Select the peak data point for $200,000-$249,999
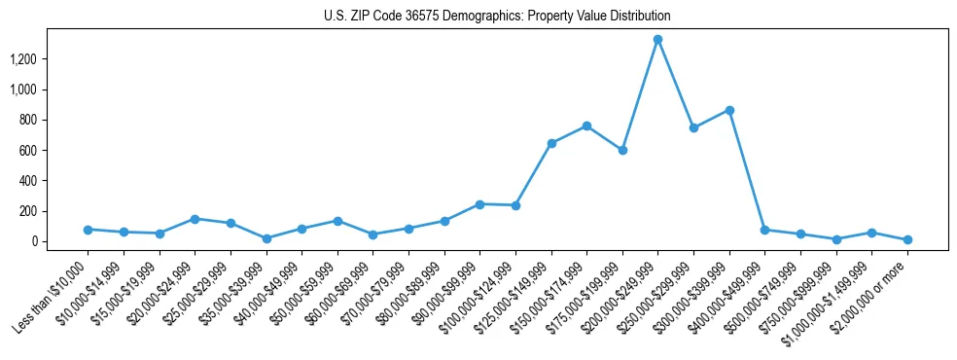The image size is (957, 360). point(657,40)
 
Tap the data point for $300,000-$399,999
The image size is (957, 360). point(729,110)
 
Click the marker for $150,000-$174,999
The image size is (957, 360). point(586,126)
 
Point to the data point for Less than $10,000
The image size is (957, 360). point(88,230)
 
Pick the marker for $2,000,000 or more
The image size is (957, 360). point(907,239)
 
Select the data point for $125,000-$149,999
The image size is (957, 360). point(551,143)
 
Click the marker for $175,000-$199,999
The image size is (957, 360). point(622,150)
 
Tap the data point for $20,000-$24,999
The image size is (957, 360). point(195,219)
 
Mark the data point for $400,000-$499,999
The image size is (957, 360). point(764,230)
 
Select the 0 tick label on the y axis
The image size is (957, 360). point(61,241)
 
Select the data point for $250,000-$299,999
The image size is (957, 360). point(693,127)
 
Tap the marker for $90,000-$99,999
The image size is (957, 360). point(479,204)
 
